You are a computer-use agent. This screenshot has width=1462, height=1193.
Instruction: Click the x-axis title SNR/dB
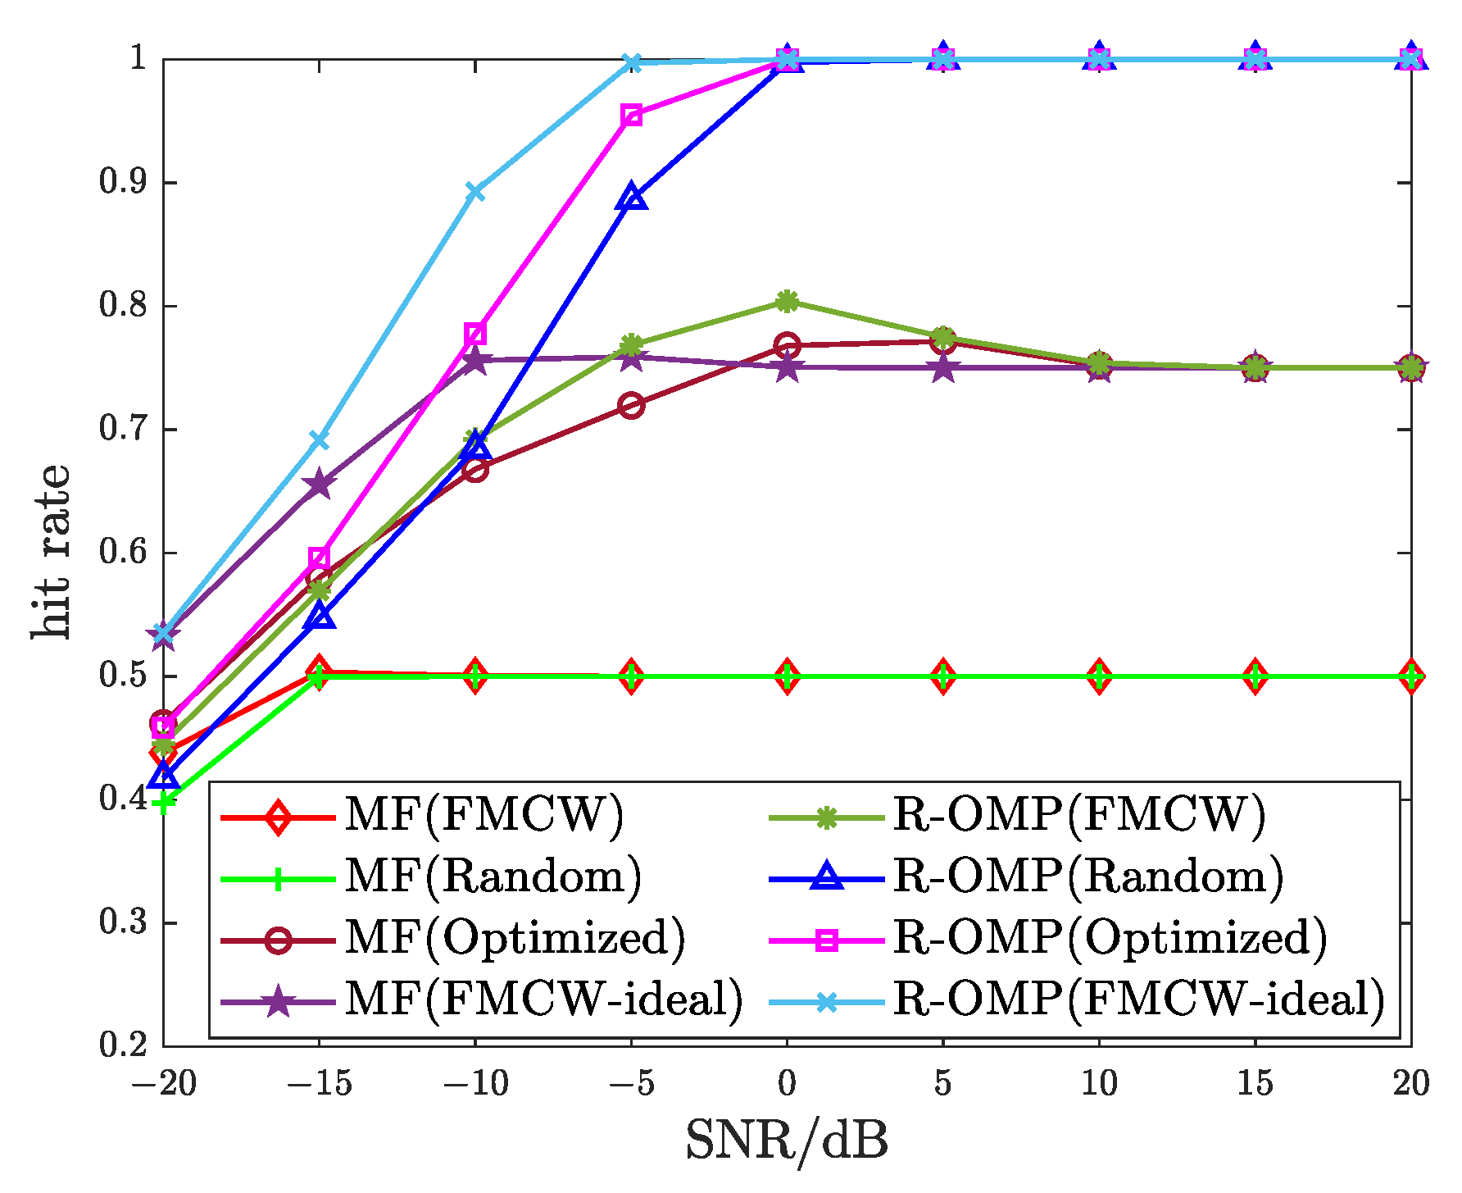pos(787,1141)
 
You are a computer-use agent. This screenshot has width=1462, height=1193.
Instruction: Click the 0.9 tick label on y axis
pos(123,183)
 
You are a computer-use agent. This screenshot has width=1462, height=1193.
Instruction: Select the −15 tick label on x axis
pos(319,1084)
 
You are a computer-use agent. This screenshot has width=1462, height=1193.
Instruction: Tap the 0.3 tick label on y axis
pos(123,922)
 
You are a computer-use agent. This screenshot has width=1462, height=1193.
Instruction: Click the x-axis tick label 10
pos(1099,1084)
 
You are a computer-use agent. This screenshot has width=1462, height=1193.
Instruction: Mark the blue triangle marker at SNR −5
pos(631,198)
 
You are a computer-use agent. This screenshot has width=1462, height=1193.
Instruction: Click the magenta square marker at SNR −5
pos(631,115)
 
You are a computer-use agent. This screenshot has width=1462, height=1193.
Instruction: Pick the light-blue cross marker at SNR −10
pos(475,192)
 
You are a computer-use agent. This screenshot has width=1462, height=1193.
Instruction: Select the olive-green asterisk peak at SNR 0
pos(787,301)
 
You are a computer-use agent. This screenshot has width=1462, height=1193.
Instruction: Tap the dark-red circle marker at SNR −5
pos(631,405)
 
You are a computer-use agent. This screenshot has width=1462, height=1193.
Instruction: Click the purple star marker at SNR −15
pos(319,485)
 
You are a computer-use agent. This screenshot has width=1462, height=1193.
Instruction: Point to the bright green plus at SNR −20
pos(164,802)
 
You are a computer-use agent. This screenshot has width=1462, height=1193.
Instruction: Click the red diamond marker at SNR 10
pos(1099,676)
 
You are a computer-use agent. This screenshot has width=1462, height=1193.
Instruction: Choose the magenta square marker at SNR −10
pos(475,334)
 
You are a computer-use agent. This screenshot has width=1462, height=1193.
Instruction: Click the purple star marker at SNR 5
pos(942,367)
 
